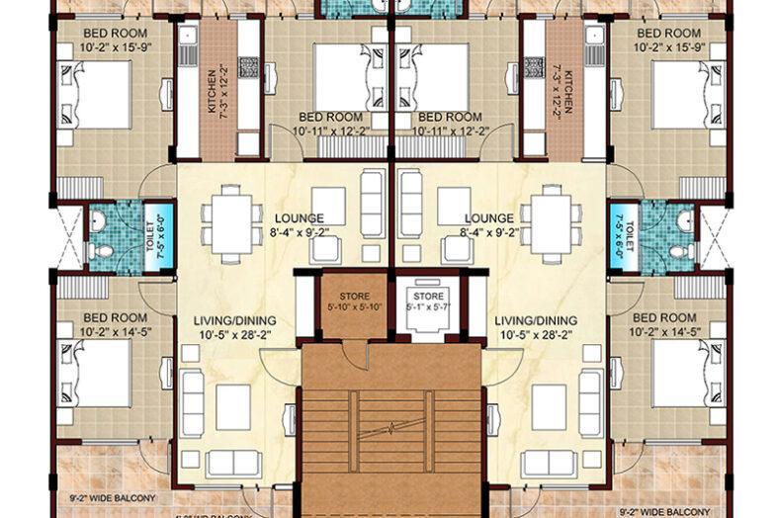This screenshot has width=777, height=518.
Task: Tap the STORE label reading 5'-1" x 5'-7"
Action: pyautogui.click(x=428, y=300)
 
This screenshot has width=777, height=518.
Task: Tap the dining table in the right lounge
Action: pyautogui.click(x=547, y=223)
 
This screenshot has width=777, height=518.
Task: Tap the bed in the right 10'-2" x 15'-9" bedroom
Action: pyautogui.click(x=683, y=94)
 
